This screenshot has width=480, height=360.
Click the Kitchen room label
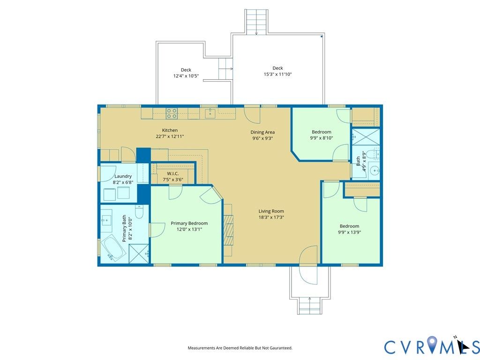pos(170,130)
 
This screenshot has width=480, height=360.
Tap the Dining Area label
pos(262,132)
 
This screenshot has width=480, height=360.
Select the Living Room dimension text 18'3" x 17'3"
pos(271,217)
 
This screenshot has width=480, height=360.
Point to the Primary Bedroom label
pos(189,224)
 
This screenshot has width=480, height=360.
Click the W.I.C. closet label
pos(173,173)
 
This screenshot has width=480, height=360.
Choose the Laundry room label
pos(123,176)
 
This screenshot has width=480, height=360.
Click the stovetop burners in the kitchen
pos(172,113)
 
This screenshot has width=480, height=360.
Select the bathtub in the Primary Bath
pos(113,248)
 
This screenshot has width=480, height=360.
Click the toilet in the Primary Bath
pos(139,212)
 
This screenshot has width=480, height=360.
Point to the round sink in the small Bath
pos(375,170)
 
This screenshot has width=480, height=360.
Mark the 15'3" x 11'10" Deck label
pos(277,71)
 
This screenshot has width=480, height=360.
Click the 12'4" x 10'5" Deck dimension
pos(186,75)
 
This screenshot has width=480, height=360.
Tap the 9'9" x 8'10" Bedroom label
pos(322,135)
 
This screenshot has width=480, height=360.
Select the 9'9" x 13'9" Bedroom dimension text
pos(349,232)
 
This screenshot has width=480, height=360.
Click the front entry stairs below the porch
pos(309,306)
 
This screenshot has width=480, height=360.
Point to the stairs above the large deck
pos(256,22)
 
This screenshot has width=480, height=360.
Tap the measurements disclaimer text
pos(240,348)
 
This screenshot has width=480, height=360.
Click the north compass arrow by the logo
pos(465,345)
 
